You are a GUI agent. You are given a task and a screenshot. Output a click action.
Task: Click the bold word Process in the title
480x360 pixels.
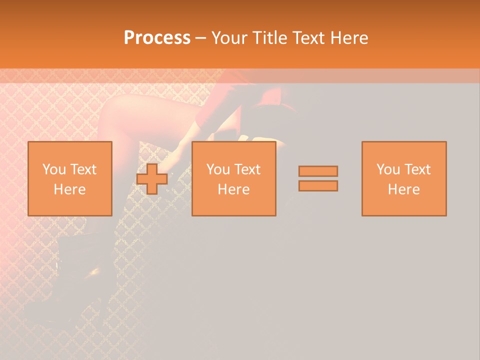[x=157, y=38]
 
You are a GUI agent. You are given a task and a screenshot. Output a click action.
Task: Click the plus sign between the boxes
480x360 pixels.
[x=152, y=178]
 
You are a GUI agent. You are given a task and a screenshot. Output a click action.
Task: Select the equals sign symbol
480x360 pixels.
[x=318, y=178]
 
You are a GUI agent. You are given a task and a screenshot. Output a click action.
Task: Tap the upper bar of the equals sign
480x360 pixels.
[x=318, y=171]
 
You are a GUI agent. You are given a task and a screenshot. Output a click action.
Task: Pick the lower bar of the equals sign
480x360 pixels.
[x=318, y=186]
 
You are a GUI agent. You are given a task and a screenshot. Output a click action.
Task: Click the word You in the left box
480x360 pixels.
[x=54, y=169]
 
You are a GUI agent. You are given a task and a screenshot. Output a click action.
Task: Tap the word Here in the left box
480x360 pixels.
[x=70, y=189]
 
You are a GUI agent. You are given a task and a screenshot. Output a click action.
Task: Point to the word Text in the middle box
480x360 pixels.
[x=247, y=169]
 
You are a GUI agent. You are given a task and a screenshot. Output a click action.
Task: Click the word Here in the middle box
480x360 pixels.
[x=234, y=189]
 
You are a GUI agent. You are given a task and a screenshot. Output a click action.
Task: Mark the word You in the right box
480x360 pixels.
[x=388, y=169]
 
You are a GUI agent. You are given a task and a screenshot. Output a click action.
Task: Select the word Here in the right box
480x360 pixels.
[x=404, y=189]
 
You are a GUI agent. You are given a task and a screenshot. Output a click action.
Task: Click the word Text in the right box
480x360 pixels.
[x=417, y=169]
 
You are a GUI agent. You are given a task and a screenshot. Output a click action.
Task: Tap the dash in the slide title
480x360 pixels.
[x=200, y=38]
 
